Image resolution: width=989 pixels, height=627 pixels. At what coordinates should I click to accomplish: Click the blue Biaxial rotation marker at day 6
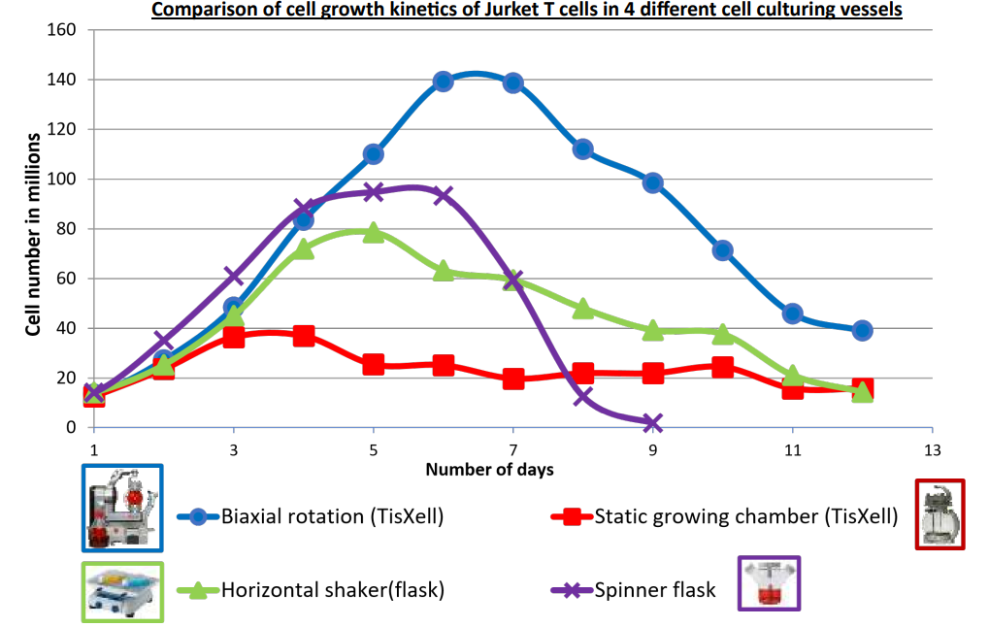444,82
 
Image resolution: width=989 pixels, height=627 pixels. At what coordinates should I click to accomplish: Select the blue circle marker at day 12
862,330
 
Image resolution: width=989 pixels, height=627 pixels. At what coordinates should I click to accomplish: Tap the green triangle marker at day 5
374,232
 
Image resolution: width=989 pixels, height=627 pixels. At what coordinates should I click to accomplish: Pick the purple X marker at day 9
652,423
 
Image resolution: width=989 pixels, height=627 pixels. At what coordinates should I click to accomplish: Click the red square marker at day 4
304,336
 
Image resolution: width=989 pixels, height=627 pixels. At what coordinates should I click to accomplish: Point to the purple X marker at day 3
234,277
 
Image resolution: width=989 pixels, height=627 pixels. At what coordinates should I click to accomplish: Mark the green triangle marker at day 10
722,334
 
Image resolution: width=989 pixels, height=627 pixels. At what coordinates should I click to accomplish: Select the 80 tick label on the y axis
66,229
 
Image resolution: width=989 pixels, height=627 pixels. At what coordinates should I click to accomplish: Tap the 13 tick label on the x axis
932,450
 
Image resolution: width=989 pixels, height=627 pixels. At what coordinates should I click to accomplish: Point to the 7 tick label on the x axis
512,450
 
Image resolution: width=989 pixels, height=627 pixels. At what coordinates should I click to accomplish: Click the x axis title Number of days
489,471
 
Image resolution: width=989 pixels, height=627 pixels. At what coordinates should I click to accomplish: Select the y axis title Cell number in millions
33,229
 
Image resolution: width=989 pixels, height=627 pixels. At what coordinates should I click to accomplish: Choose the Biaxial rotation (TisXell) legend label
332,516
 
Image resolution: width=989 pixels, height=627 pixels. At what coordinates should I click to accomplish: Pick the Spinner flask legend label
655,589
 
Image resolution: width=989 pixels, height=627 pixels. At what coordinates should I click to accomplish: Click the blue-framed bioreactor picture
122,507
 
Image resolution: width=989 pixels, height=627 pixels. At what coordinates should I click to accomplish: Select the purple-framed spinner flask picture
769,584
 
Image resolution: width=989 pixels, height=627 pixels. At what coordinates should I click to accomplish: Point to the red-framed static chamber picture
940,514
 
